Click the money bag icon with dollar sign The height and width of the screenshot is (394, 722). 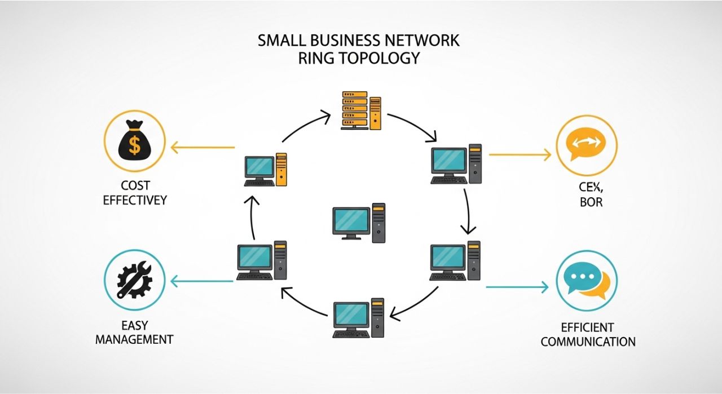(135, 140)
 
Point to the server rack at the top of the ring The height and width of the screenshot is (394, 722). (361, 110)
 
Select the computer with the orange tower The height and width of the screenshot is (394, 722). (266, 169)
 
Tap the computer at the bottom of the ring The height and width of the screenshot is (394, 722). (359, 318)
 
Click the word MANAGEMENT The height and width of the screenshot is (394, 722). (134, 340)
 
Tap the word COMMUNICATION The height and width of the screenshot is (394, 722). (588, 342)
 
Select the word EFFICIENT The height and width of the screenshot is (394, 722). (587, 327)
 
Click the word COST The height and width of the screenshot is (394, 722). (135, 185)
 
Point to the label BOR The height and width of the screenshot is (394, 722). (591, 202)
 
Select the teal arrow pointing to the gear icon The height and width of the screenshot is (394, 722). (202, 281)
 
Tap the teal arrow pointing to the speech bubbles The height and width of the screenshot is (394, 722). (516, 287)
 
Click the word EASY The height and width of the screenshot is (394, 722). (134, 325)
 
